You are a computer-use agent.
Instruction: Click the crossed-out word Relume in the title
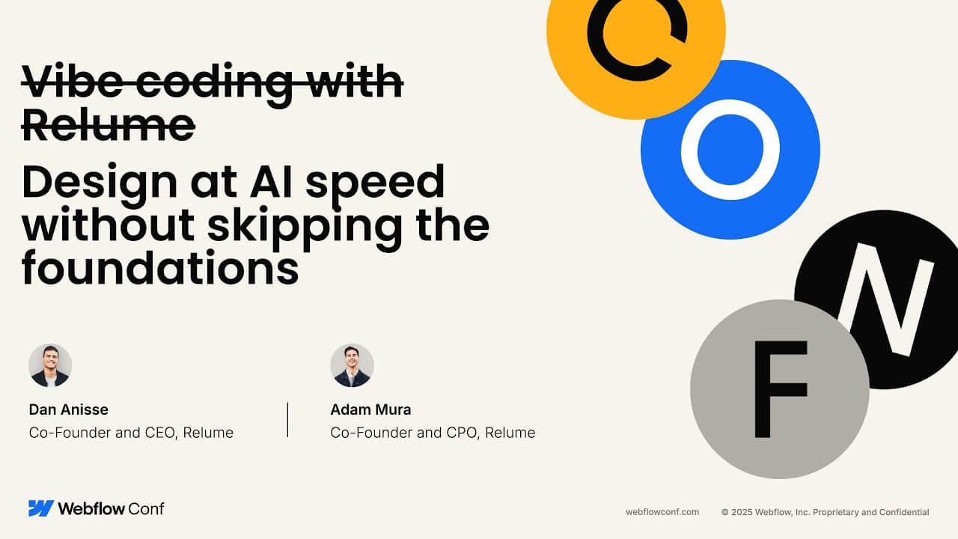[x=109, y=125]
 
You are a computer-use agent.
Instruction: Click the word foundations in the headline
[x=160, y=267]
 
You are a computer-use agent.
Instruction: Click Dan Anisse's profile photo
[x=50, y=366]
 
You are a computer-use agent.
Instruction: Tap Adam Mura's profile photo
[x=352, y=366]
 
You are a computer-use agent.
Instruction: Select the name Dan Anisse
[x=68, y=409]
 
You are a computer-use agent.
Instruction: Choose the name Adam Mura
[x=370, y=409]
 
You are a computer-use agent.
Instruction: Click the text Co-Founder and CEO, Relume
[x=131, y=433]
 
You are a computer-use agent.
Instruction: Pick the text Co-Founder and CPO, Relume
[x=433, y=433]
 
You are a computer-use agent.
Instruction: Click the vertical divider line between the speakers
[x=287, y=420]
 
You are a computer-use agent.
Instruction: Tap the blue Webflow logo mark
[x=41, y=508]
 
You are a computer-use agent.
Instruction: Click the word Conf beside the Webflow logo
[x=146, y=508]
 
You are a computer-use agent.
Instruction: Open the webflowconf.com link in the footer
[x=662, y=512]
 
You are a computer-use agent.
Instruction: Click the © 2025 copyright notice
[x=825, y=512]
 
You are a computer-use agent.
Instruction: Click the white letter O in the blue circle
[x=689, y=150]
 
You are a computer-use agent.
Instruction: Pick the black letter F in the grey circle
[x=763, y=389]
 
